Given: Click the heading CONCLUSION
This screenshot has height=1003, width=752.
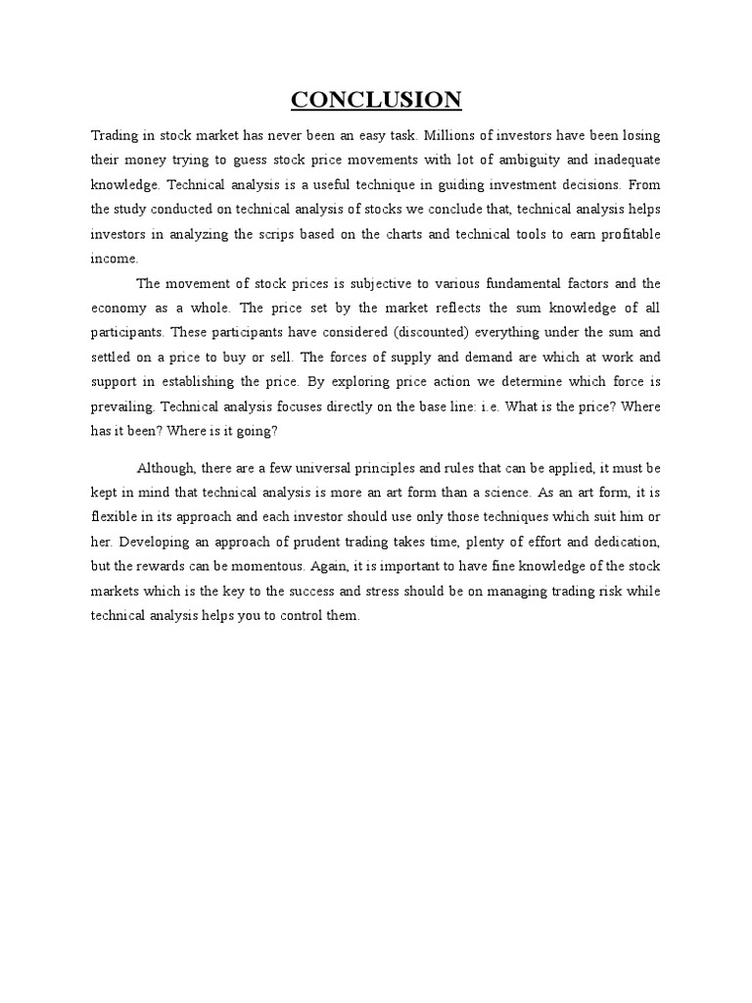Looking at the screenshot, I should pyautogui.click(x=376, y=100).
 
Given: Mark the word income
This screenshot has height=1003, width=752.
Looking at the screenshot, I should pyautogui.click(x=115, y=259).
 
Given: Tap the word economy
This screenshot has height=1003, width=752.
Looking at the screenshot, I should pyautogui.click(x=118, y=309).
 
